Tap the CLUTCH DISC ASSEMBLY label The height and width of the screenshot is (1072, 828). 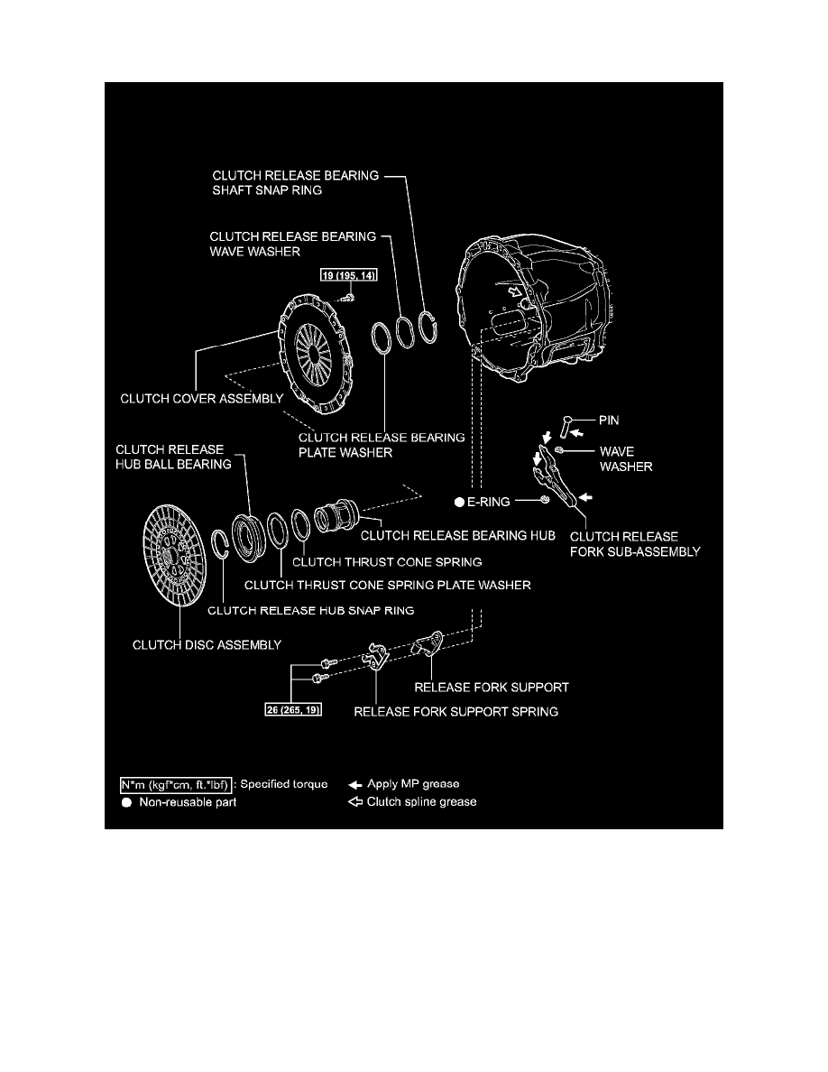pyautogui.click(x=207, y=644)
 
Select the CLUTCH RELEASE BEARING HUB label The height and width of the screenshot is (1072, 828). pyautogui.click(x=457, y=535)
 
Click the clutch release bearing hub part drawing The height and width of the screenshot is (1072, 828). pyautogui.click(x=337, y=522)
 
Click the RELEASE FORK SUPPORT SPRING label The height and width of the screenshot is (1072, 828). pyautogui.click(x=455, y=711)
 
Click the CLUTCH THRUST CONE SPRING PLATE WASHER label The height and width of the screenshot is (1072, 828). pyautogui.click(x=388, y=585)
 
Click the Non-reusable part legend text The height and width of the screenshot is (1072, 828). pyautogui.click(x=188, y=801)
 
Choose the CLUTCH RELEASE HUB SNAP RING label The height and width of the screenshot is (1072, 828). pyautogui.click(x=310, y=610)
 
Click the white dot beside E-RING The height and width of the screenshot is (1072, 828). pyautogui.click(x=459, y=500)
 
